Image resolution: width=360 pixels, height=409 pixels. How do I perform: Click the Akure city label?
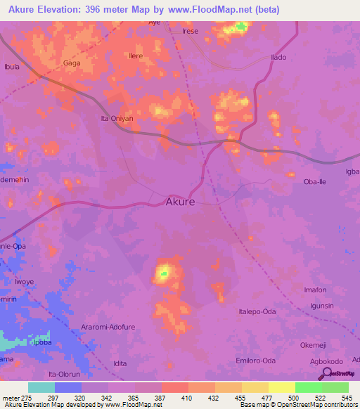180,201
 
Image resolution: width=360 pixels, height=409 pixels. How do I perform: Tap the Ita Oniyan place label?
116,119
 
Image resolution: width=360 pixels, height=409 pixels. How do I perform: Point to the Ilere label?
136,56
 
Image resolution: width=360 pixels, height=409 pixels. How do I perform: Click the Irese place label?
190,32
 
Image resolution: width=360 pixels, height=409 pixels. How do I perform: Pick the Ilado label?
278,57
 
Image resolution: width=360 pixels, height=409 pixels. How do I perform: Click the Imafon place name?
315,290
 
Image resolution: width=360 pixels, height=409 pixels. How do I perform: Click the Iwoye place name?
25,282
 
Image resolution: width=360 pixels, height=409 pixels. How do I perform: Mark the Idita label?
120,363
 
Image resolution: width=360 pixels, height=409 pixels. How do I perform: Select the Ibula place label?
12,67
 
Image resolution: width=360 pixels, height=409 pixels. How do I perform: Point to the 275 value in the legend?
28,398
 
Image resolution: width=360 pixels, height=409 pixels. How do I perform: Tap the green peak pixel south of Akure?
164,273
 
